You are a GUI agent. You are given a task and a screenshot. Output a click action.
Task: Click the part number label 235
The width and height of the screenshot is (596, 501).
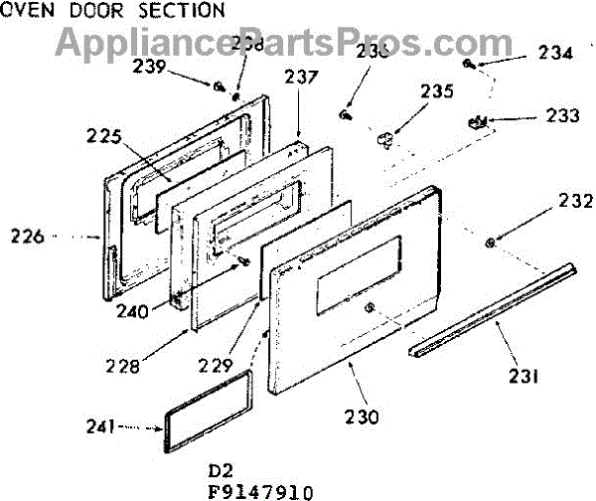436,92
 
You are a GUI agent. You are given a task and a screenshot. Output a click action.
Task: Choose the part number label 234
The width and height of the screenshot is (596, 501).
556,54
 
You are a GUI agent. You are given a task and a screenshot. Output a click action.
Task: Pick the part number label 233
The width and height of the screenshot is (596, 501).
562,115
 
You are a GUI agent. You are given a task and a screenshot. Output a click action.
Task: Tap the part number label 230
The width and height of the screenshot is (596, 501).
363,417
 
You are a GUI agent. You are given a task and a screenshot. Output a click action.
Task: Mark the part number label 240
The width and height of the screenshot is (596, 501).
131,309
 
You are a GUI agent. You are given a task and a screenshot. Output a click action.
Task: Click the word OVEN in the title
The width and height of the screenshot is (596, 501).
21,11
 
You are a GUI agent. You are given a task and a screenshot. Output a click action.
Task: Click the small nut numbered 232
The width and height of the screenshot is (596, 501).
490,243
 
